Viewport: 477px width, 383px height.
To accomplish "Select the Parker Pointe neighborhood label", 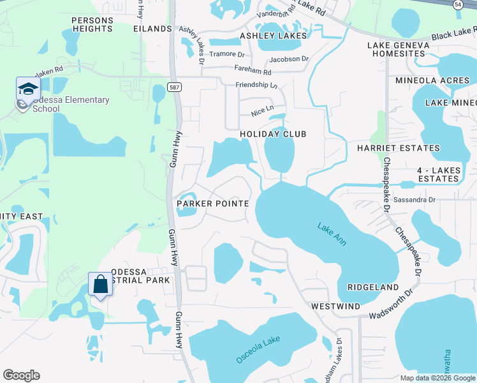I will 212,203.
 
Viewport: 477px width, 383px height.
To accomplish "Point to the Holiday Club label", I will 273,134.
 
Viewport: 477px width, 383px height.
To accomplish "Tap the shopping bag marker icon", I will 101,284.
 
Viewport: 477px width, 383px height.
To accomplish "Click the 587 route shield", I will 173,87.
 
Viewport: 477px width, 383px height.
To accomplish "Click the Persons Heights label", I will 92,24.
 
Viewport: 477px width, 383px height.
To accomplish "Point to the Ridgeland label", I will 372,287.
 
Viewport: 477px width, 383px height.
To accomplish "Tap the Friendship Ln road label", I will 257,85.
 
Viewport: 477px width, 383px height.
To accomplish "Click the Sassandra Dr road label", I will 414,200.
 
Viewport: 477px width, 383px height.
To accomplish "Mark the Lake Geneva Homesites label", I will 396,49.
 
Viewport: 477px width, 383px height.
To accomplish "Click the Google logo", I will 21,375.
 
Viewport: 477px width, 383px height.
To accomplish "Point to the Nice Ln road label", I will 261,110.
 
